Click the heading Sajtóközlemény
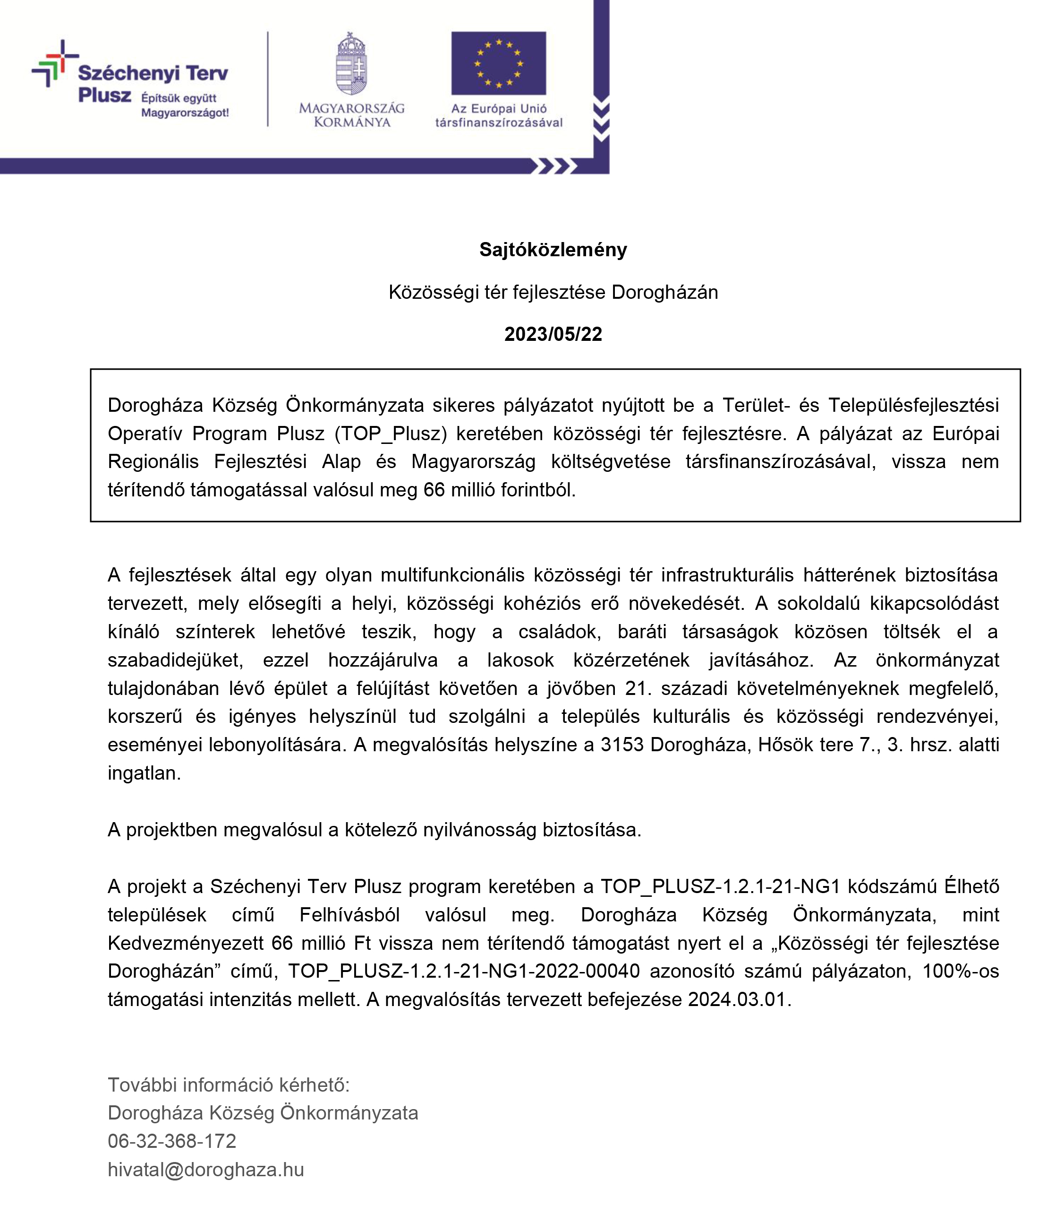point(553,250)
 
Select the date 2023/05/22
point(553,334)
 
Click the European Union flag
point(498,63)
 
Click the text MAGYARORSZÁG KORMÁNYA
point(351,115)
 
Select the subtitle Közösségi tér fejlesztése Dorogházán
point(553,292)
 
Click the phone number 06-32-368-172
point(172,1141)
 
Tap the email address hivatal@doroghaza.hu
point(205,1170)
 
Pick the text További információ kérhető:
point(229,1085)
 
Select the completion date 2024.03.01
point(736,999)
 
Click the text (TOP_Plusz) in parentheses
point(391,434)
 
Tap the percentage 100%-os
point(960,971)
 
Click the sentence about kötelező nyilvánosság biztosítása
point(375,830)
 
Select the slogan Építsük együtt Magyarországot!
point(185,105)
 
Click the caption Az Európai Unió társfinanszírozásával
point(499,115)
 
